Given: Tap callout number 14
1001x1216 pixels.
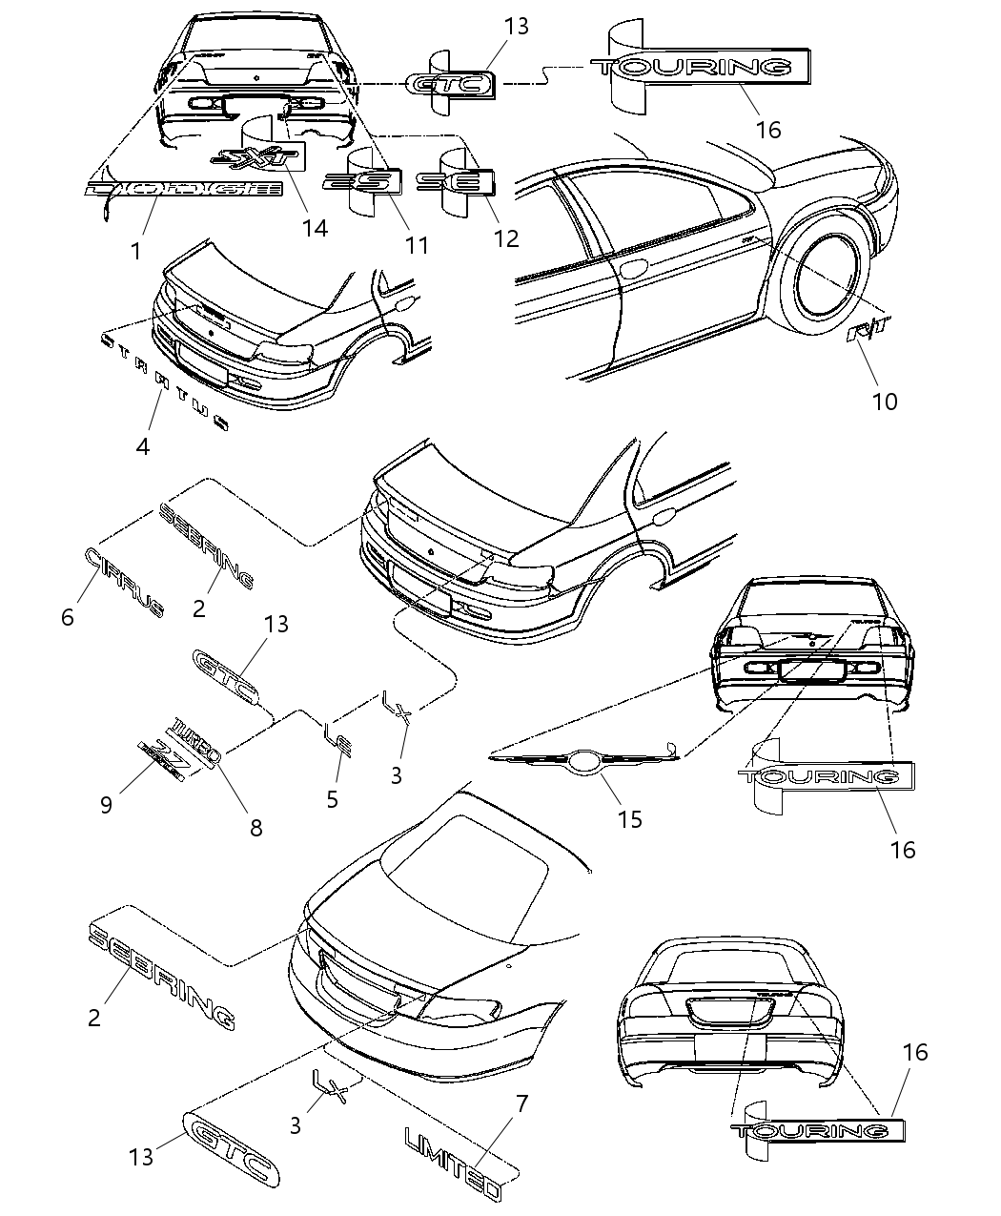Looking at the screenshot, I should click(x=314, y=228).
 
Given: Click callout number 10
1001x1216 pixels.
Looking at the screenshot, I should click(x=884, y=401).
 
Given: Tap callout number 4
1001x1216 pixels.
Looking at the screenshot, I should click(x=142, y=445).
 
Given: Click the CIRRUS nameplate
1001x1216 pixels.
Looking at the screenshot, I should click(x=124, y=582).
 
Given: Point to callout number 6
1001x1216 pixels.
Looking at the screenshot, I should click(x=67, y=617).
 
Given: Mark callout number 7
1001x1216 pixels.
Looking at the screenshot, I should click(x=521, y=1104).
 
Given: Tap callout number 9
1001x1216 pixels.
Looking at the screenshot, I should click(x=106, y=804).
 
